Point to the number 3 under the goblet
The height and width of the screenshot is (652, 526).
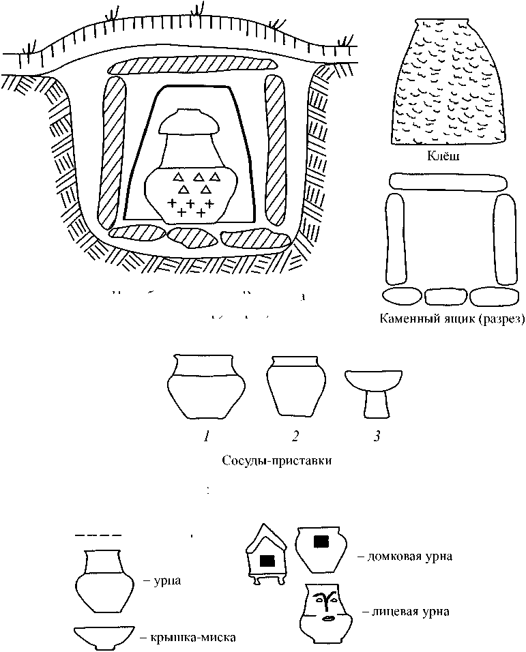click(376, 437)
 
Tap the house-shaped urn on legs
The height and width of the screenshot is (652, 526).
click(266, 555)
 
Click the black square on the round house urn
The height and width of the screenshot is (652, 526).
click(320, 542)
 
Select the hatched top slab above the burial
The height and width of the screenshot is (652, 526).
click(193, 66)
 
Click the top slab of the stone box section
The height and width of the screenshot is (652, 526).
click(448, 181)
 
